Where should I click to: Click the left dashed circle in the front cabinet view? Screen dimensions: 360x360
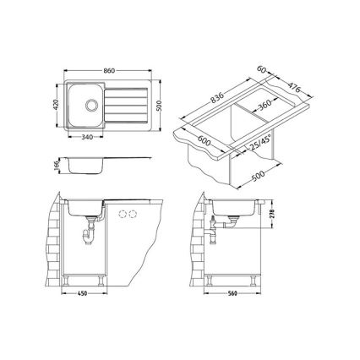click(x=123, y=213)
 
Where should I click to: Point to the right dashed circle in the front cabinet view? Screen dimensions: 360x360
click(x=133, y=213)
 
